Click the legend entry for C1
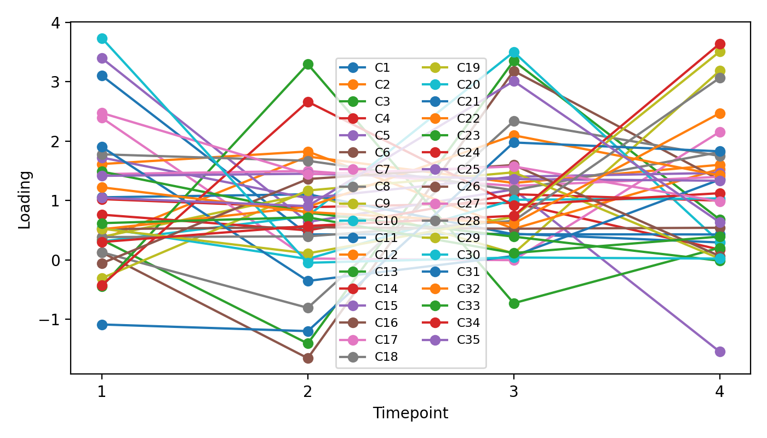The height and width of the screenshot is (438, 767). click(382, 68)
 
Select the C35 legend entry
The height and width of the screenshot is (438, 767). click(468, 340)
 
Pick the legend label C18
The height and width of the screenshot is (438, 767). click(386, 357)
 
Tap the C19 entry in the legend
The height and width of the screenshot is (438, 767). click(468, 68)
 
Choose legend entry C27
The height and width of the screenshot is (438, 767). click(468, 204)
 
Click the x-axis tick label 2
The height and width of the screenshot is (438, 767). click(308, 391)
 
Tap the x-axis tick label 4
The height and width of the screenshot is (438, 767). click(720, 391)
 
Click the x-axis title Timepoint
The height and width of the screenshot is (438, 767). click(410, 413)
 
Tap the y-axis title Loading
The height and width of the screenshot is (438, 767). click(25, 199)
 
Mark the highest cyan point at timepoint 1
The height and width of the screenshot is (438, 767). click(102, 38)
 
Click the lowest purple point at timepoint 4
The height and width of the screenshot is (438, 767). click(720, 351)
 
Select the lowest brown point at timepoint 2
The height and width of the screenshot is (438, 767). click(308, 358)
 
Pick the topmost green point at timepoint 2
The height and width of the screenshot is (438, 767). click(308, 64)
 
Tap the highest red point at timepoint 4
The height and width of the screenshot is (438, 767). click(720, 44)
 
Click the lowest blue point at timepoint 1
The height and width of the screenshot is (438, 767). click(102, 325)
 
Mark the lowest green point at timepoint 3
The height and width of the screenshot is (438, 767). click(514, 303)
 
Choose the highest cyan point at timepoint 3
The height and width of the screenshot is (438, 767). click(514, 53)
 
